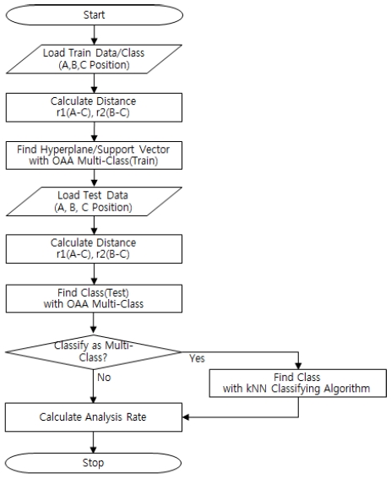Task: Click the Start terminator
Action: (95, 14)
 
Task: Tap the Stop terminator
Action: (93, 463)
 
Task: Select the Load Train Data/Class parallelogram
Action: (94, 59)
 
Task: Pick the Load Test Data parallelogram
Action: (94, 201)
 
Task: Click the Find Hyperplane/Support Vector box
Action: (94, 155)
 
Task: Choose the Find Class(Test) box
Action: (94, 298)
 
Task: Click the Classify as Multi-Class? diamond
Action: (94, 352)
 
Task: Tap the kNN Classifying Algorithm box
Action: (298, 383)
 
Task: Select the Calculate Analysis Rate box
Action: (94, 417)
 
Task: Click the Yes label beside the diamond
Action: (197, 358)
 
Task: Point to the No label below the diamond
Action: (104, 378)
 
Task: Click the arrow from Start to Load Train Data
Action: (94, 35)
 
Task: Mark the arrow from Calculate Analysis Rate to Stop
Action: (93, 443)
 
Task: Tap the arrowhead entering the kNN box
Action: (298, 366)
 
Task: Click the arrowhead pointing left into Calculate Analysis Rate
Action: (186, 417)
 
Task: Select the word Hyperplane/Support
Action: (87, 150)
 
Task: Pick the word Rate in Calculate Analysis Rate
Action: (137, 417)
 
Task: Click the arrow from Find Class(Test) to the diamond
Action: (93, 324)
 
